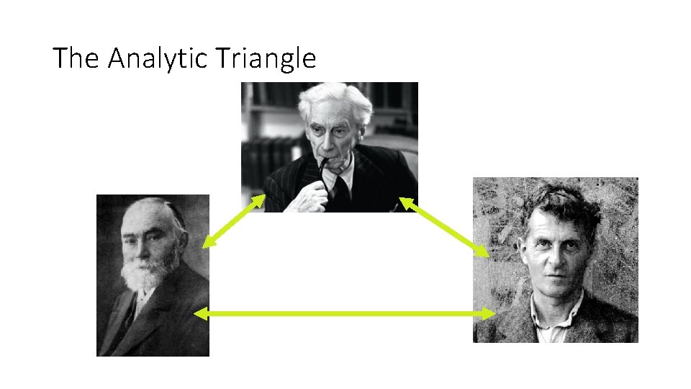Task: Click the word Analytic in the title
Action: coord(157,58)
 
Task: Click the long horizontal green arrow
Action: coord(345,313)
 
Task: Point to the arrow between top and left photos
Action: coord(234,221)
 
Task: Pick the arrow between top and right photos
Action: coord(444,226)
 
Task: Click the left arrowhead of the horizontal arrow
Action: coord(202,313)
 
